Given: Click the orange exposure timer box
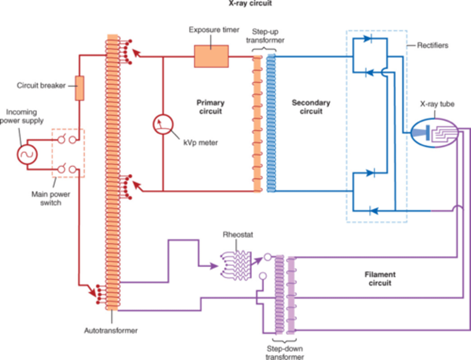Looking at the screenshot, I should [x=211, y=56].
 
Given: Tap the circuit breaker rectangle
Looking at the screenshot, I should [x=79, y=88].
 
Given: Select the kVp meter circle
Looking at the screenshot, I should [x=163, y=124].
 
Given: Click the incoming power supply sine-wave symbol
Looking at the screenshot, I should [x=27, y=154].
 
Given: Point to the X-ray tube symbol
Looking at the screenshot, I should [x=434, y=133].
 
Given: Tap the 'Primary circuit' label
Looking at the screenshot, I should [x=210, y=107].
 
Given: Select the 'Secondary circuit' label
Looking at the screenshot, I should [x=311, y=107].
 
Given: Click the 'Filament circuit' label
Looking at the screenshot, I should [x=380, y=279].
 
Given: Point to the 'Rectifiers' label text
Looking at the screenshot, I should [x=432, y=45].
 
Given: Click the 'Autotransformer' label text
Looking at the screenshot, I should [x=111, y=331].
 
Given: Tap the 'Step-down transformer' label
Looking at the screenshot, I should [x=285, y=352].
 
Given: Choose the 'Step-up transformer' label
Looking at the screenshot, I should [x=265, y=36].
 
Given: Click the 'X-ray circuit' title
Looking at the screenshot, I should [x=250, y=4].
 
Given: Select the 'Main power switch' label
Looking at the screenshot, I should [x=51, y=198].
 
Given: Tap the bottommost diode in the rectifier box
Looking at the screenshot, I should [x=373, y=211].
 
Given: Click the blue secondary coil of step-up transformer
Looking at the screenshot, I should [x=271, y=123].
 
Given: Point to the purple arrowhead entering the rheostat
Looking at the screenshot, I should [x=214, y=266].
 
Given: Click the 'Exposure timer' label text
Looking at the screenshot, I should [x=214, y=30].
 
